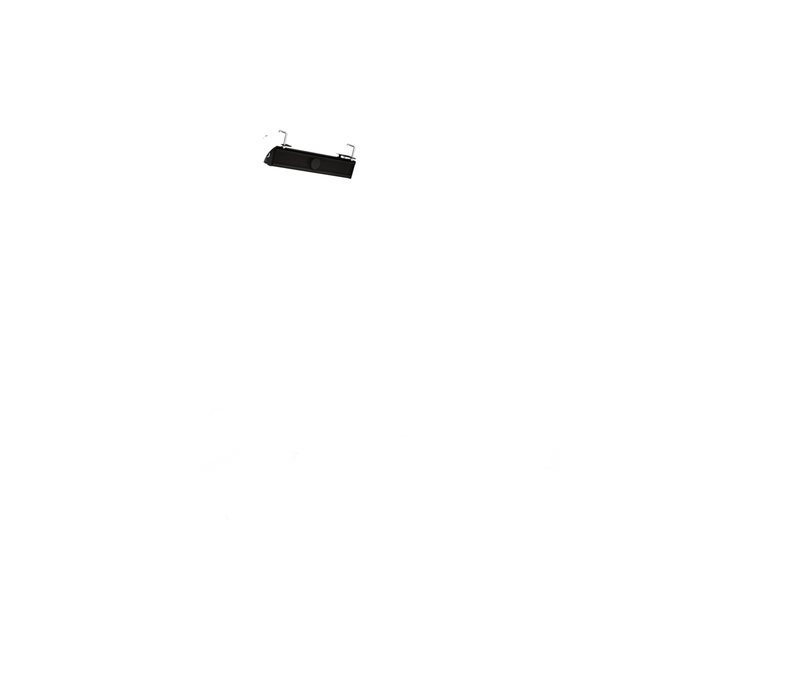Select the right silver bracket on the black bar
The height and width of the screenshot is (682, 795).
click(x=351, y=150)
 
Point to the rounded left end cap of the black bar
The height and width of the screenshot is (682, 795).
click(x=268, y=158)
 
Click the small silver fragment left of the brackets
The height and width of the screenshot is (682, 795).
click(x=265, y=136)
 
